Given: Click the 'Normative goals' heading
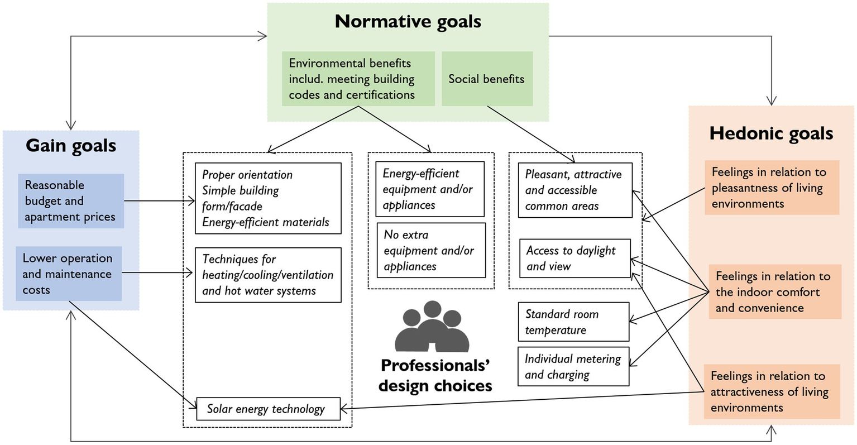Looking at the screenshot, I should (408, 22).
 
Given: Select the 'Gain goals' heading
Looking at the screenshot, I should (71, 146).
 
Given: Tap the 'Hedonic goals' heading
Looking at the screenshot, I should (771, 133).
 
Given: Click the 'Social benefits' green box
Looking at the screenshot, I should (487, 79).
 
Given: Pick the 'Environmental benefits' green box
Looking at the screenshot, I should (358, 79).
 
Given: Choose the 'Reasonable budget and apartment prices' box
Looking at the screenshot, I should (71, 200).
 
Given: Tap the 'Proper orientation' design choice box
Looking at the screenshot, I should (268, 198).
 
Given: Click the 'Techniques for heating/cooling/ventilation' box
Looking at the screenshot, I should (268, 275).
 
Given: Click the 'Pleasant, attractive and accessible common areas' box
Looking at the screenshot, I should (575, 190).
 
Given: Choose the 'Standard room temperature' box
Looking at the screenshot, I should (573, 322).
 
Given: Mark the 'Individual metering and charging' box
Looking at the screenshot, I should (573, 366).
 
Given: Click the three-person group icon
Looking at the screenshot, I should (432, 327).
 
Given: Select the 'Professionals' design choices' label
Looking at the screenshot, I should (435, 375).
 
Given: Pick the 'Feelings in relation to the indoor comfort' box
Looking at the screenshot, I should (774, 291).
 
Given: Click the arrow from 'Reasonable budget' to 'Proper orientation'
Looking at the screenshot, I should (159, 200).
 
